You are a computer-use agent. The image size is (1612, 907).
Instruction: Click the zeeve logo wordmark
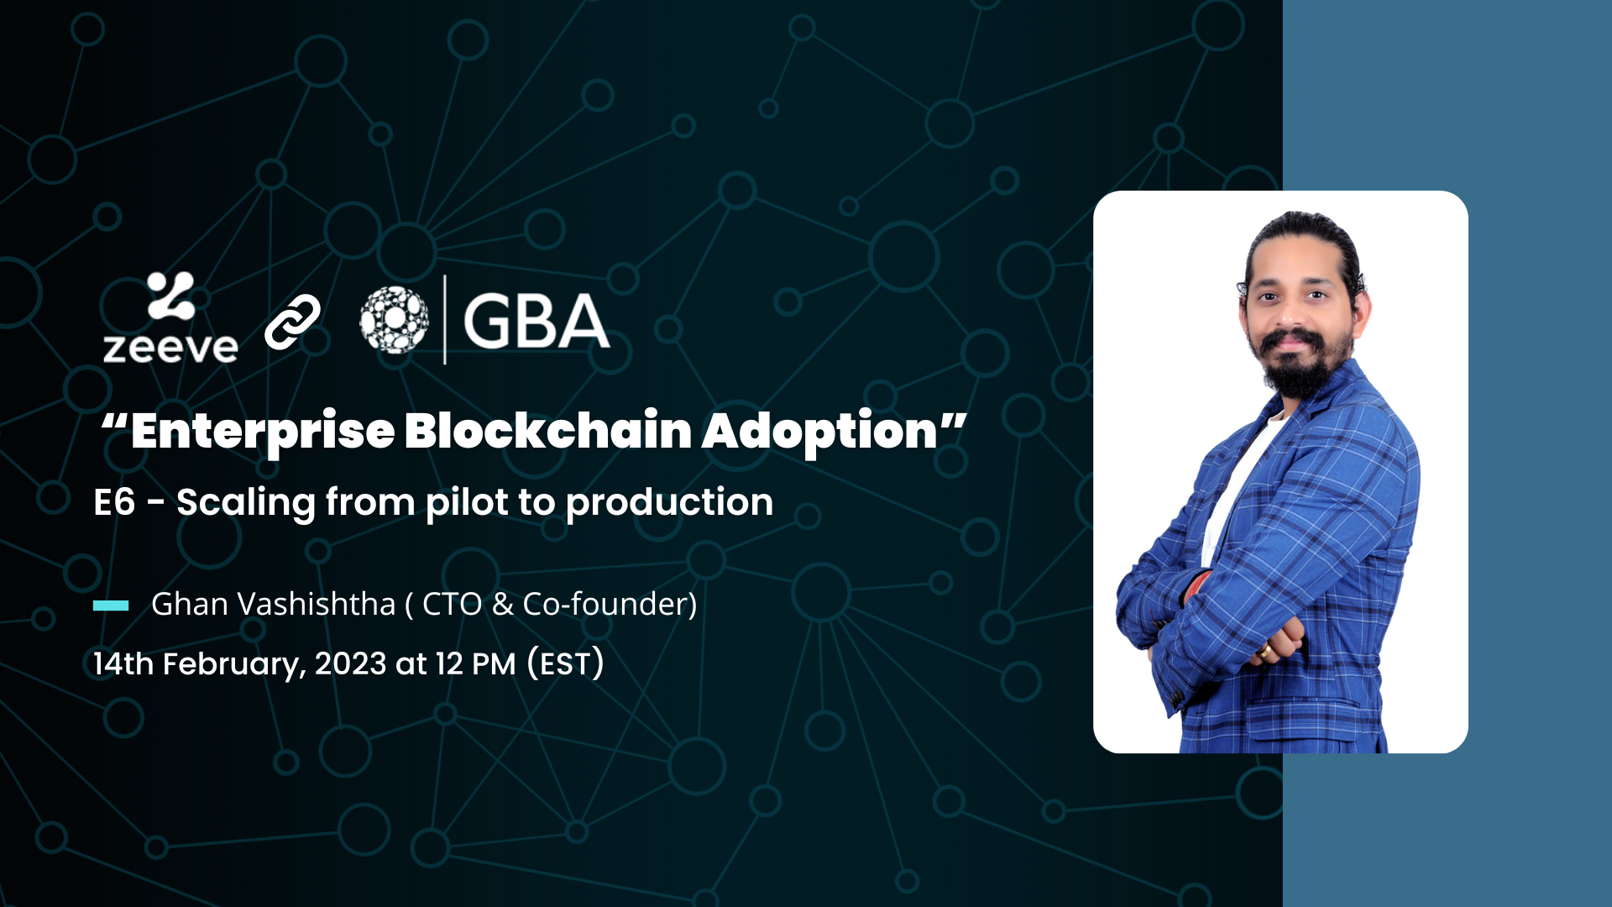pos(170,348)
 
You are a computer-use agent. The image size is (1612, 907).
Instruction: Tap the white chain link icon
pos(292,322)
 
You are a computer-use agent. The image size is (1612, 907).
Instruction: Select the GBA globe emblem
pos(394,319)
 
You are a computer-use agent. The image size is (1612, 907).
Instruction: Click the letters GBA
pos(536,321)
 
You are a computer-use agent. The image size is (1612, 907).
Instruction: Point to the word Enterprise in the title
pos(263,432)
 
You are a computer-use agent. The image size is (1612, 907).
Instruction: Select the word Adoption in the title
pos(819,432)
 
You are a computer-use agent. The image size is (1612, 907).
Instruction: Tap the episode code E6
pos(114,502)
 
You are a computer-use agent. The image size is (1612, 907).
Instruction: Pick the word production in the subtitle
pos(669,503)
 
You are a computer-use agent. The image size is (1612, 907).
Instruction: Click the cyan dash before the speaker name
pos(111,606)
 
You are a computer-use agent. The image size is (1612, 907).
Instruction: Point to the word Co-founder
pos(605,604)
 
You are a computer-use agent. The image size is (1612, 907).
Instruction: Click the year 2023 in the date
pos(350,663)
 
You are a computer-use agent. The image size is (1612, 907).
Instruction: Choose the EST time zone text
pos(566,663)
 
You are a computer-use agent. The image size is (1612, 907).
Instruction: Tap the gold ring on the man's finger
pos(1265,651)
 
